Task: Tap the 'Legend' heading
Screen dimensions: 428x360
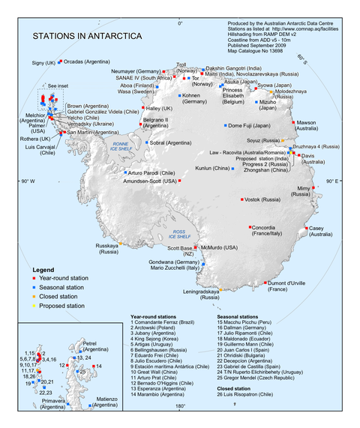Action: [43, 268]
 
